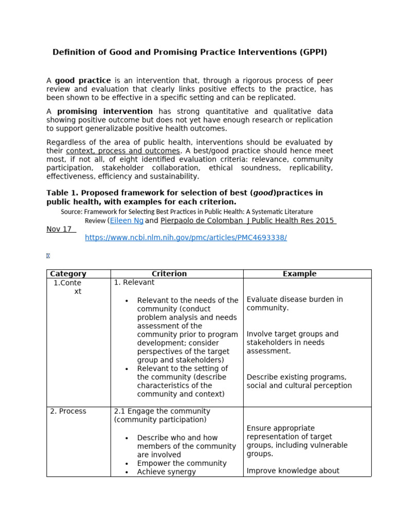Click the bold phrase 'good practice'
tap(83, 81)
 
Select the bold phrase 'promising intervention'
tap(104, 111)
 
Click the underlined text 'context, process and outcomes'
tap(123, 151)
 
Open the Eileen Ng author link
tap(127, 221)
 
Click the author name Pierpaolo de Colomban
tap(203, 221)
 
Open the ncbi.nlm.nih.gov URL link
tap(186, 237)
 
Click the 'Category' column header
tap(68, 274)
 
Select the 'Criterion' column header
tap(169, 274)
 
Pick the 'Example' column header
tap(299, 274)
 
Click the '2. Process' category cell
tap(68, 411)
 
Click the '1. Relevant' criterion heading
tap(134, 283)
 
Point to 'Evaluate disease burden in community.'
tap(294, 304)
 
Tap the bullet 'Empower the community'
tap(182, 463)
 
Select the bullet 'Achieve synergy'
tap(166, 472)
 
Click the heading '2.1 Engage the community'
tap(162, 411)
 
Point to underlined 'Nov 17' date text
tap(59, 230)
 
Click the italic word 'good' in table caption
tap(263, 193)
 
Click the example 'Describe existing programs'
tap(296, 377)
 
